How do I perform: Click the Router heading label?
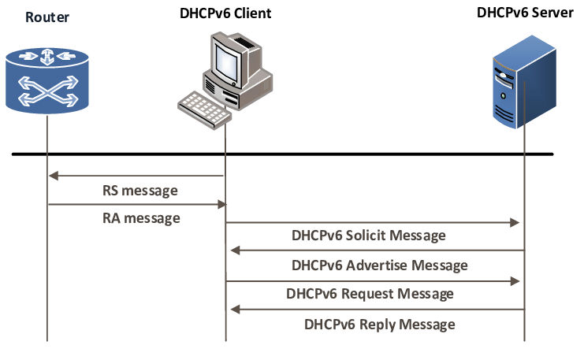[x=47, y=17]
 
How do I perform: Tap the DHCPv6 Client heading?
[x=225, y=13]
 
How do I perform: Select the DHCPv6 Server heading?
[x=525, y=13]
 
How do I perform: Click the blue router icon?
[x=47, y=80]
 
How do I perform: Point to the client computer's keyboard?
[x=204, y=109]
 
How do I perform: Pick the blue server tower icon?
[x=524, y=82]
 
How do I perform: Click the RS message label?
[x=140, y=191]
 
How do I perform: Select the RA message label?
[x=141, y=218]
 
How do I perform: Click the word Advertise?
[x=377, y=265]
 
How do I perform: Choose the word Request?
[x=368, y=294]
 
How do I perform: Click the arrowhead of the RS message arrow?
[x=54, y=176]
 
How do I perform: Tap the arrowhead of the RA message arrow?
[x=222, y=204]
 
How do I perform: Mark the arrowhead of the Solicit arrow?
[x=515, y=223]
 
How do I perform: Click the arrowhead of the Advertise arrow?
[x=235, y=251]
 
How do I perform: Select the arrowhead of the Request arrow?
[x=515, y=281]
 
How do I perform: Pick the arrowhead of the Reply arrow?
[x=235, y=309]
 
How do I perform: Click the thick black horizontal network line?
[x=283, y=154]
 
